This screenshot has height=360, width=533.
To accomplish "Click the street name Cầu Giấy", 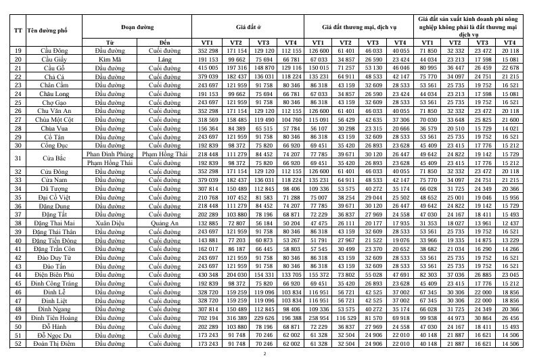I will click(54, 60).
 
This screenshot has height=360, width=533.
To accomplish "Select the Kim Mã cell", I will click(108, 60).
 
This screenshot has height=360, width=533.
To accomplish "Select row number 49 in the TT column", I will click(17, 317).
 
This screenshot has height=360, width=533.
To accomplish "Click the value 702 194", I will click(208, 317).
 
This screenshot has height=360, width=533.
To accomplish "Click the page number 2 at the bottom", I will click(265, 353).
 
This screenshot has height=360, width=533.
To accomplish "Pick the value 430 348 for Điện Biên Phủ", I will click(208, 275).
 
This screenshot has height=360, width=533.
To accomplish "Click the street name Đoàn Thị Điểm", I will click(54, 343).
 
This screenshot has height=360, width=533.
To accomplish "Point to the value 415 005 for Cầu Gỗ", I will click(208, 68).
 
